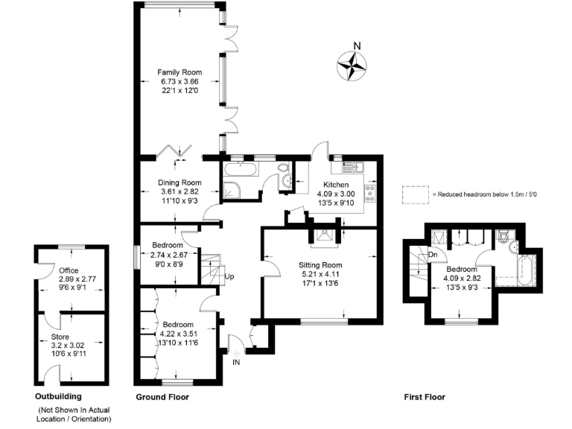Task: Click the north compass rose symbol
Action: coord(353,66)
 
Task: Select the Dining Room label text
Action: coord(179,182)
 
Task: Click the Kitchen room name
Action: coord(336,184)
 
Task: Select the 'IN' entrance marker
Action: coord(236,363)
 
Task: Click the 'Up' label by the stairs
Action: coord(229,277)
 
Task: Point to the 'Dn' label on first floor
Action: coord(432,255)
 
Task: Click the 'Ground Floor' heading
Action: coord(162,397)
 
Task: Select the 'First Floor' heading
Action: coord(424,397)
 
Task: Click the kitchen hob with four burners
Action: coord(369,194)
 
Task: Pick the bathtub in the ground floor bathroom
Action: coord(239,171)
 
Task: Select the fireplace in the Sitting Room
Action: coord(324,237)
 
